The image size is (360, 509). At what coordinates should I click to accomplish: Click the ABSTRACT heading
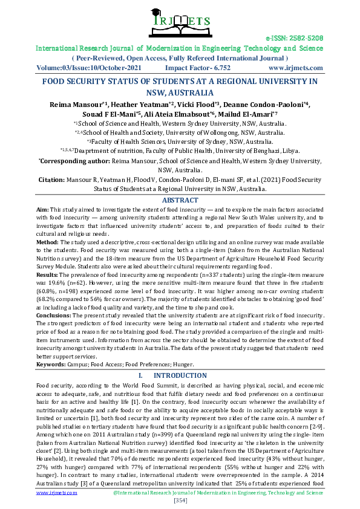179,200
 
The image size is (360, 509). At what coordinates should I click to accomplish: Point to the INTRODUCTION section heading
180,375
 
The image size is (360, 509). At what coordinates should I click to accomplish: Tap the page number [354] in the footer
180,501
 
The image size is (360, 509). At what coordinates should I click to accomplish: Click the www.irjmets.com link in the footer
56,493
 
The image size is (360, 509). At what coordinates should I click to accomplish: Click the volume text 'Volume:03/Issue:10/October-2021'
89,68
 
